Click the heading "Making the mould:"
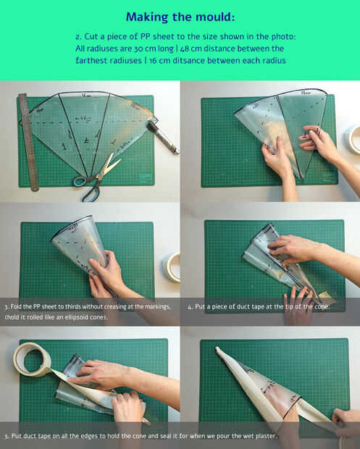pyautogui.click(x=180, y=17)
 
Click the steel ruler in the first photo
pyautogui.click(x=29, y=143)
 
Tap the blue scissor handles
pyautogui.click(x=86, y=188)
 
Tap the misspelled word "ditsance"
pyautogui.click(x=189, y=61)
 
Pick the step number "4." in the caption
pyautogui.click(x=191, y=306)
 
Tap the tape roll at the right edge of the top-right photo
pyautogui.click(x=353, y=139)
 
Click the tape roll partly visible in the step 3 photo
pyautogui.click(x=172, y=267)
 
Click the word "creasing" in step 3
pyautogui.click(x=115, y=306)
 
